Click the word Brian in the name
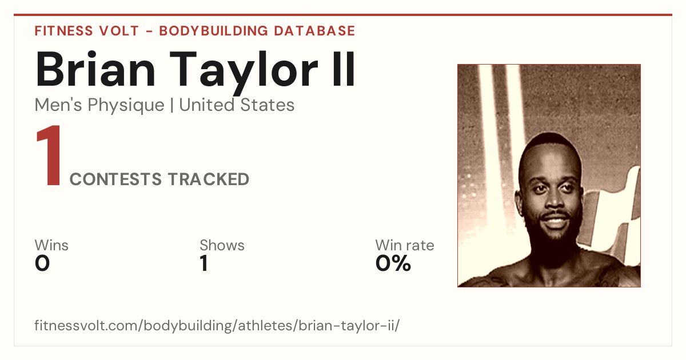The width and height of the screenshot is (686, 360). coord(95,70)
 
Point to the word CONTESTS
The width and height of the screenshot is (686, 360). coord(115,179)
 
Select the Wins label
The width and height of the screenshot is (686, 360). coord(51,245)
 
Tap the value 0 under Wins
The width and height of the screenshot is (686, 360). coord(42,263)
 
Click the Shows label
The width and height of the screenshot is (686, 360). coord(222,245)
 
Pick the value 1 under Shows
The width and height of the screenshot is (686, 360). coord(204,263)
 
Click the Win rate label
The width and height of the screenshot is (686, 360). coord(405,245)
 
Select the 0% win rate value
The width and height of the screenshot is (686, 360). coord(393,263)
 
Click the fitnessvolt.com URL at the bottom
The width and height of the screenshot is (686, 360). coord(217,325)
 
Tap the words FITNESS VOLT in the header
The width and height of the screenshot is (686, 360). coord(87,31)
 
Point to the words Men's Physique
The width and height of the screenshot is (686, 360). coord(99,105)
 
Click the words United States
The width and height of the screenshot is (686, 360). coord(237,105)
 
